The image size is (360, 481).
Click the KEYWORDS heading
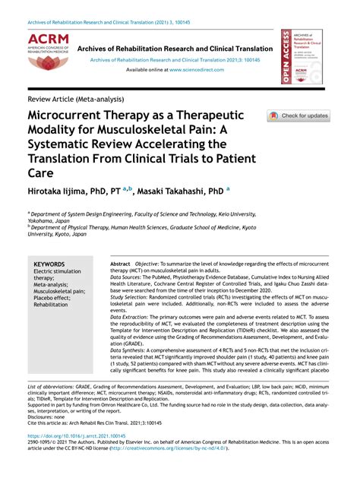click(x=50, y=264)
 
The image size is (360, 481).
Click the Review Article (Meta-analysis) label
click(x=75, y=99)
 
